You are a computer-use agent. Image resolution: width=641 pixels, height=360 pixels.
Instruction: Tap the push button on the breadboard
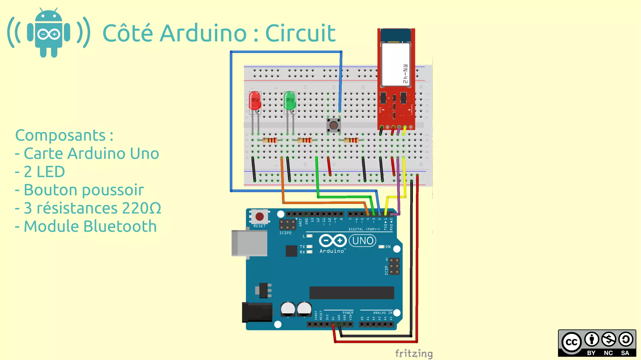pos(334,125)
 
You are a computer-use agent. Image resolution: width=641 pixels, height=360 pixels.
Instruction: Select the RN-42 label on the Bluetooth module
pos(405,74)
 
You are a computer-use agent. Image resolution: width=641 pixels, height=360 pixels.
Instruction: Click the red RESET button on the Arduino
pos(259,216)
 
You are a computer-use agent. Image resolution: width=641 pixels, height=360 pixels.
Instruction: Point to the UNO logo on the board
pos(362,241)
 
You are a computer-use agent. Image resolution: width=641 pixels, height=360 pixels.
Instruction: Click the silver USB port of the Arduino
pos(249,243)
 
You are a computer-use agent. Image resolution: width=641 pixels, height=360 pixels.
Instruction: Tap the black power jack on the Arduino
pos(257,312)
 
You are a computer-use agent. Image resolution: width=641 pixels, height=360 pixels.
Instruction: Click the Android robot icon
pos(49,33)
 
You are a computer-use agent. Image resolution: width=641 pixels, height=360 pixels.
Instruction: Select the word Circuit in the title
pos(300,33)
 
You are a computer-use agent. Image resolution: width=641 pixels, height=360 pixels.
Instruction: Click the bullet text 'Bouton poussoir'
pos(84,190)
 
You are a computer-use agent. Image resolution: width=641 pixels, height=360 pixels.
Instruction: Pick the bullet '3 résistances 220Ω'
pos(92,208)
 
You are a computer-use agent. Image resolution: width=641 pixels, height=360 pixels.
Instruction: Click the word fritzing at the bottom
pos(413,353)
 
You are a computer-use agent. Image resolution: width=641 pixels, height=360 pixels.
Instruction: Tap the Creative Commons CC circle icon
pos(571,342)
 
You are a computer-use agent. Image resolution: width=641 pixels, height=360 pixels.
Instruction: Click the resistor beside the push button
pos(351,140)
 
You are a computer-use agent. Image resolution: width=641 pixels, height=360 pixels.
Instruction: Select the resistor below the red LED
pos(270,140)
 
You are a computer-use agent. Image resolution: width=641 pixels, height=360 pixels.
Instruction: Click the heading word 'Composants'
pos(60,136)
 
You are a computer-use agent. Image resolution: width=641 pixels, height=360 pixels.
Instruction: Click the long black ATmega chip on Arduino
pos(351,293)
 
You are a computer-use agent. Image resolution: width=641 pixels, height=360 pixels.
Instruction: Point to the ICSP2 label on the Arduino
pos(285,233)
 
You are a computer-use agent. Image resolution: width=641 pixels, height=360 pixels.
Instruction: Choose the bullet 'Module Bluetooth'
pos(90,226)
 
